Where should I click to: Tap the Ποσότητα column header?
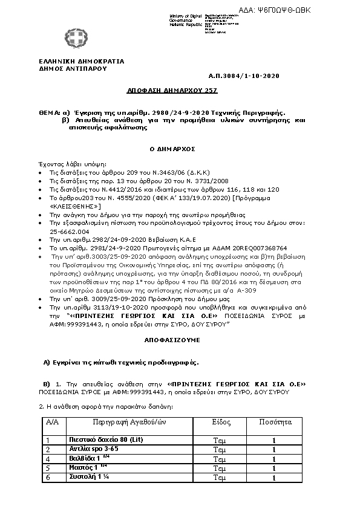(273, 421)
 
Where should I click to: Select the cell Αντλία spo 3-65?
(85, 449)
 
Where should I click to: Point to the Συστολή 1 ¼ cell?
(82, 477)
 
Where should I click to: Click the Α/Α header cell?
(52, 421)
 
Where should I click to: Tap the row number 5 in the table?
(48, 468)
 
